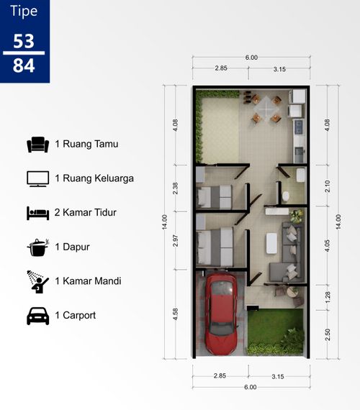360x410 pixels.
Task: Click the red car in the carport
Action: [221, 313]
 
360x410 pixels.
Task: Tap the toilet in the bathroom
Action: [286, 196]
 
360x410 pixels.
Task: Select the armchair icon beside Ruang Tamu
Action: [38, 145]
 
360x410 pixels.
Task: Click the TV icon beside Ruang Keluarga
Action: [38, 179]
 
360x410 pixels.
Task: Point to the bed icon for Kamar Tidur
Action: [38, 213]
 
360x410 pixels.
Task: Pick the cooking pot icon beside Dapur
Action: [38, 247]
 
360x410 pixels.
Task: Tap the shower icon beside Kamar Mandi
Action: [38, 282]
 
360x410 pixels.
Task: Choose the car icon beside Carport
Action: [38, 316]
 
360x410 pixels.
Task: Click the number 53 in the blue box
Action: [24, 41]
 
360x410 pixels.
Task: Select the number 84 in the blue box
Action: [24, 65]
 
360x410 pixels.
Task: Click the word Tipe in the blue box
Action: [24, 12]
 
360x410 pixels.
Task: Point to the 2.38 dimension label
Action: [175, 188]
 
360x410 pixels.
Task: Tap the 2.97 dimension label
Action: [175, 240]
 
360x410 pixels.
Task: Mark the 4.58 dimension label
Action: [175, 314]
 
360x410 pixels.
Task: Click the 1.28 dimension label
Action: [328, 297]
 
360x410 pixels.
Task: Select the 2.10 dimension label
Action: [328, 186]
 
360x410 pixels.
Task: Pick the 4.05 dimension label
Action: [328, 245]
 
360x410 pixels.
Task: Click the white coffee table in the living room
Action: [271, 243]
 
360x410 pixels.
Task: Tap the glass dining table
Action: [266, 106]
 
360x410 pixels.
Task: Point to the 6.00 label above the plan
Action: [251, 58]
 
